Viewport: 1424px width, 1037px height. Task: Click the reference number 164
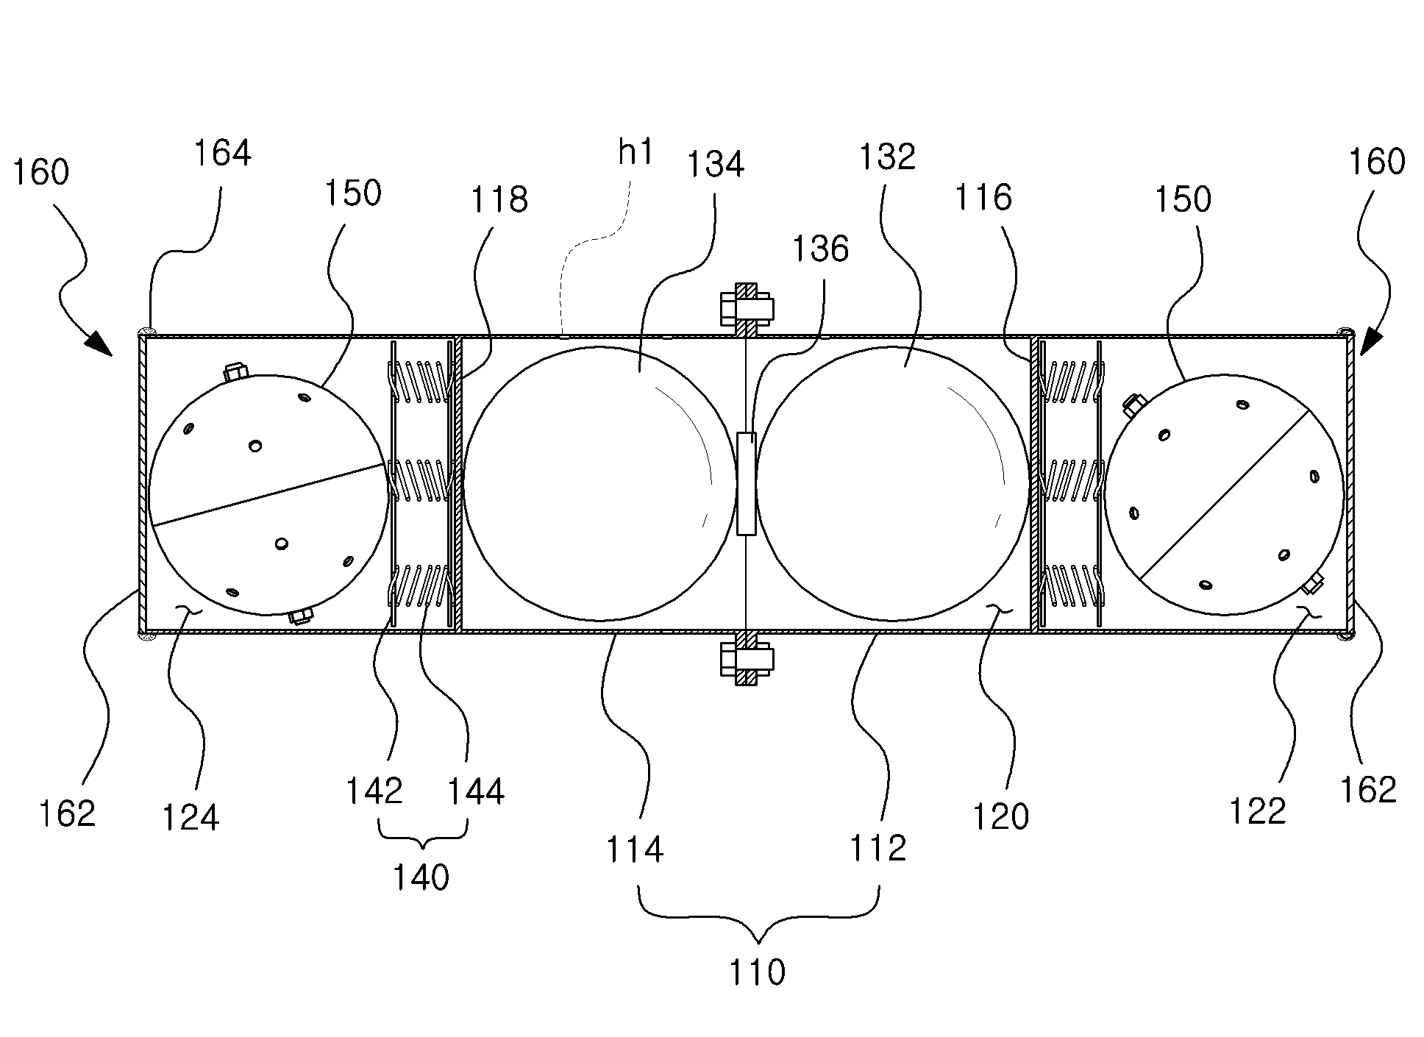click(222, 153)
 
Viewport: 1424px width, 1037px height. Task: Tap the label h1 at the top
click(636, 154)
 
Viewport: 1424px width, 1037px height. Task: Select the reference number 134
click(715, 164)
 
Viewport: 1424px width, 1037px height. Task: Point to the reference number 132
click(887, 157)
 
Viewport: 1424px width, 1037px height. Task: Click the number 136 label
click(820, 249)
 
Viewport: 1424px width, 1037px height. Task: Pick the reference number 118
click(499, 199)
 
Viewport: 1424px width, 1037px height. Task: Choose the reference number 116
click(983, 197)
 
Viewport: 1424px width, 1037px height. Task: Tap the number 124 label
click(191, 817)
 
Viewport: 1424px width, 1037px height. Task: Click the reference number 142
click(374, 791)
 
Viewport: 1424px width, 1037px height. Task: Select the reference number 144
click(476, 792)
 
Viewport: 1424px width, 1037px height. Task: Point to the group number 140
click(421, 877)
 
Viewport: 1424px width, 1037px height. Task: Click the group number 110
click(757, 972)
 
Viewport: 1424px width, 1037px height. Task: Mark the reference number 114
click(635, 850)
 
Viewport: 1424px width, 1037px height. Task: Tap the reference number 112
click(878, 849)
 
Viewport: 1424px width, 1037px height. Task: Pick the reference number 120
click(1000, 816)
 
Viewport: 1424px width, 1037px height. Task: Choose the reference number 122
click(1258, 810)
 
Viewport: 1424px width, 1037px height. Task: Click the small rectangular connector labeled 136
click(746, 483)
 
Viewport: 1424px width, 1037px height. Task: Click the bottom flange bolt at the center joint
click(746, 659)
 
